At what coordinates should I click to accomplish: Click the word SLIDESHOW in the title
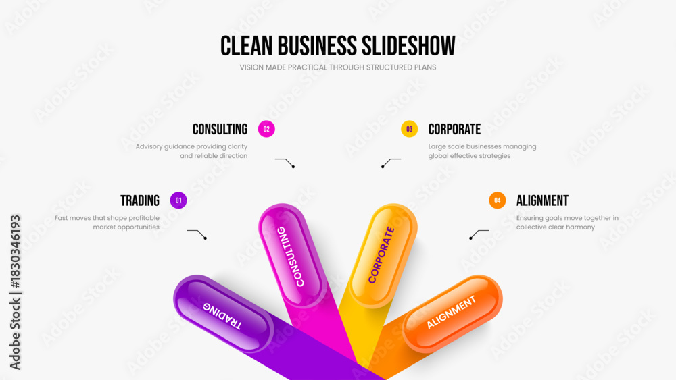[x=408, y=46]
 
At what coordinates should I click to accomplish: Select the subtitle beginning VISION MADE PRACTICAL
[x=338, y=67]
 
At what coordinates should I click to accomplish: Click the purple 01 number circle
[x=178, y=200]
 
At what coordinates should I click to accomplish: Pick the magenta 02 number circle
[x=266, y=129]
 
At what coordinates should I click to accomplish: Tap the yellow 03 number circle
[x=409, y=129]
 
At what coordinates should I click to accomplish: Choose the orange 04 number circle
[x=497, y=200]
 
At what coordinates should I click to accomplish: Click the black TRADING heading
[x=140, y=200]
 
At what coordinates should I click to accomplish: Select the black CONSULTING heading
[x=220, y=129]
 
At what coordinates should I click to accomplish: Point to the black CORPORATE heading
[x=454, y=129]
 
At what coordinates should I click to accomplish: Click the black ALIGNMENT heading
[x=542, y=200]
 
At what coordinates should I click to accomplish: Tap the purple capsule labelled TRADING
[x=223, y=314]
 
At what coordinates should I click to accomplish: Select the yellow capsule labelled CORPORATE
[x=383, y=256]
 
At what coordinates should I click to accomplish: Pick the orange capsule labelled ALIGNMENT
[x=452, y=313]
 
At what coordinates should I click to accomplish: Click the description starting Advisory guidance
[x=191, y=151]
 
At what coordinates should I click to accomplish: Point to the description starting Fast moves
[x=107, y=223]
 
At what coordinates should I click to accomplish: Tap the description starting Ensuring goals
[x=567, y=223]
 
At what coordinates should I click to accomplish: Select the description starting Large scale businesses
[x=482, y=151]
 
